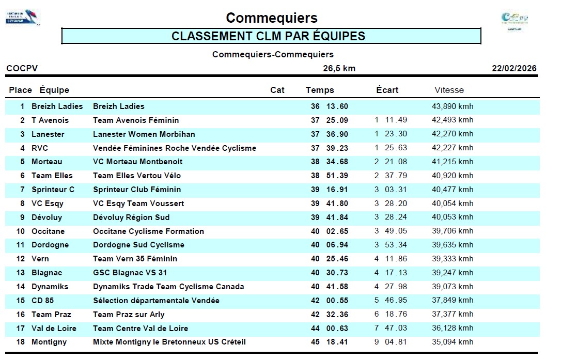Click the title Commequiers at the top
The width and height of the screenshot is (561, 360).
click(x=271, y=18)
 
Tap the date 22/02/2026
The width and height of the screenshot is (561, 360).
click(x=513, y=68)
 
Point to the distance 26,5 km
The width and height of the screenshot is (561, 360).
click(x=339, y=68)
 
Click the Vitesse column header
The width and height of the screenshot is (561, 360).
click(x=449, y=90)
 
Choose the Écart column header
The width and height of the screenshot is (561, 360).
click(x=387, y=90)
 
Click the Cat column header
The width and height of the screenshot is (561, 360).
click(x=277, y=90)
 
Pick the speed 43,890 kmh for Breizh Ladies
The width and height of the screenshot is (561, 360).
click(x=452, y=106)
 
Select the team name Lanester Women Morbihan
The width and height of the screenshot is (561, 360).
click(x=144, y=134)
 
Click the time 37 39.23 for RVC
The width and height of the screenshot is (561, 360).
click(x=329, y=148)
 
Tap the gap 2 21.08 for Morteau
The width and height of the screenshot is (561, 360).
click(x=391, y=162)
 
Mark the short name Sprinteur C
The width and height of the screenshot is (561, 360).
click(x=53, y=190)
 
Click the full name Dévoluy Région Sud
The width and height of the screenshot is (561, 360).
click(x=131, y=217)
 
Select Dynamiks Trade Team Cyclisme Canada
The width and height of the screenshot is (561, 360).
click(x=168, y=287)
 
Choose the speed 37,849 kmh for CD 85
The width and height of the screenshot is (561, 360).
click(x=452, y=301)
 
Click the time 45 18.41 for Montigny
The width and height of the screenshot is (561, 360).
click(x=329, y=342)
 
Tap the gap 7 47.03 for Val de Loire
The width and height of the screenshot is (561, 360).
click(x=391, y=328)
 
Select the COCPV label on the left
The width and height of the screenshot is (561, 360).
click(x=22, y=68)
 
